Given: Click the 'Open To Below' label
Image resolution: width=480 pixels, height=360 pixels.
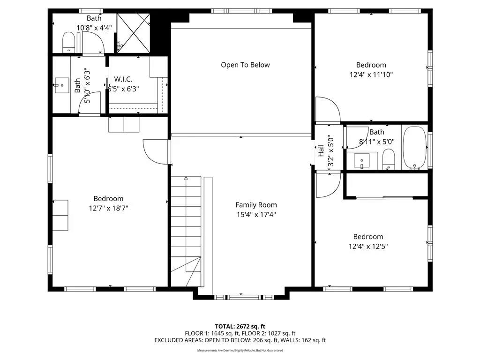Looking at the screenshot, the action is [x=245, y=65].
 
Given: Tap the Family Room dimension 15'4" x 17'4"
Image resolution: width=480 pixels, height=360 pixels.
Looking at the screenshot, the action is [x=256, y=215].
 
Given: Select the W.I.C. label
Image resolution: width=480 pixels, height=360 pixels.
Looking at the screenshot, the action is [x=123, y=79].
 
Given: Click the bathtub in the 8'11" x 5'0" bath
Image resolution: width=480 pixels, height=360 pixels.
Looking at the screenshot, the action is [x=414, y=148].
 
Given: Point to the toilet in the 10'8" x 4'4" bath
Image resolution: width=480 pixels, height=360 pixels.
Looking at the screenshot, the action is [x=68, y=43].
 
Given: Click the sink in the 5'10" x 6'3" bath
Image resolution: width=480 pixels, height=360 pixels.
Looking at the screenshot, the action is [x=62, y=85].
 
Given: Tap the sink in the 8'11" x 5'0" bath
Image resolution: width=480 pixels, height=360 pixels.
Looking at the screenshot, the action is [x=361, y=161].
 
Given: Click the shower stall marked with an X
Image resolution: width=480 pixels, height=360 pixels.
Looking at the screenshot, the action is [x=134, y=33].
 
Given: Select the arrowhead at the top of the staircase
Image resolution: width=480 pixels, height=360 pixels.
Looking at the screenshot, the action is [x=186, y=178].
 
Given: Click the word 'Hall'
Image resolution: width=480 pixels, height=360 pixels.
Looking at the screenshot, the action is [x=321, y=150].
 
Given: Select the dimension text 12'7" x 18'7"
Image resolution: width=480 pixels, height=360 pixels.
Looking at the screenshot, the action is [x=108, y=209].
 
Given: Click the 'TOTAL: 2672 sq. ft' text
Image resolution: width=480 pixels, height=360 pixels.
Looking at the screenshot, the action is [x=240, y=326].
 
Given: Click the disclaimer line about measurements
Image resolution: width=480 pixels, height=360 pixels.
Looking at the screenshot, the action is [x=240, y=351].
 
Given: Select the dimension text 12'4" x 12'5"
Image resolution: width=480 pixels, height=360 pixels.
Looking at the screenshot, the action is [x=368, y=247].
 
